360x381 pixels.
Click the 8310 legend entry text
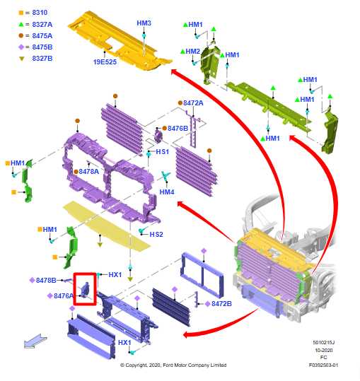coord(40,13)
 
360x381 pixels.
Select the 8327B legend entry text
coord(42,58)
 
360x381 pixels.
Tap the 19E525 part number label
coord(105,62)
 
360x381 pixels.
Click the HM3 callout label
coord(144,23)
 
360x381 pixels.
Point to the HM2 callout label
coord(193,52)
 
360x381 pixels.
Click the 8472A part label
coord(193,103)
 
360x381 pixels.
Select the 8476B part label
coord(178,129)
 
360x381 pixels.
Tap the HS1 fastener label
coord(162,151)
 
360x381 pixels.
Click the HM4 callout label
coord(167,192)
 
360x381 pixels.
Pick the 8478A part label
coord(88,172)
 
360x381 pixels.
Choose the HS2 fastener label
coord(156,234)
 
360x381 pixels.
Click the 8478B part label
coord(46,281)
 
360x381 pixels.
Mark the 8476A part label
coord(64,296)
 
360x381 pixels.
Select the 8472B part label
coord(221,304)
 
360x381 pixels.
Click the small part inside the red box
coord(86,289)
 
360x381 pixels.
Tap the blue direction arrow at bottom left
coord(35,341)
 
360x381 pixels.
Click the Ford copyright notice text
coord(173,365)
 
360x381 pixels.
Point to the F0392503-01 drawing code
coord(323,365)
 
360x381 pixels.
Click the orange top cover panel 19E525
coord(119,41)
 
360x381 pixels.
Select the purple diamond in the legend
coord(21,47)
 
